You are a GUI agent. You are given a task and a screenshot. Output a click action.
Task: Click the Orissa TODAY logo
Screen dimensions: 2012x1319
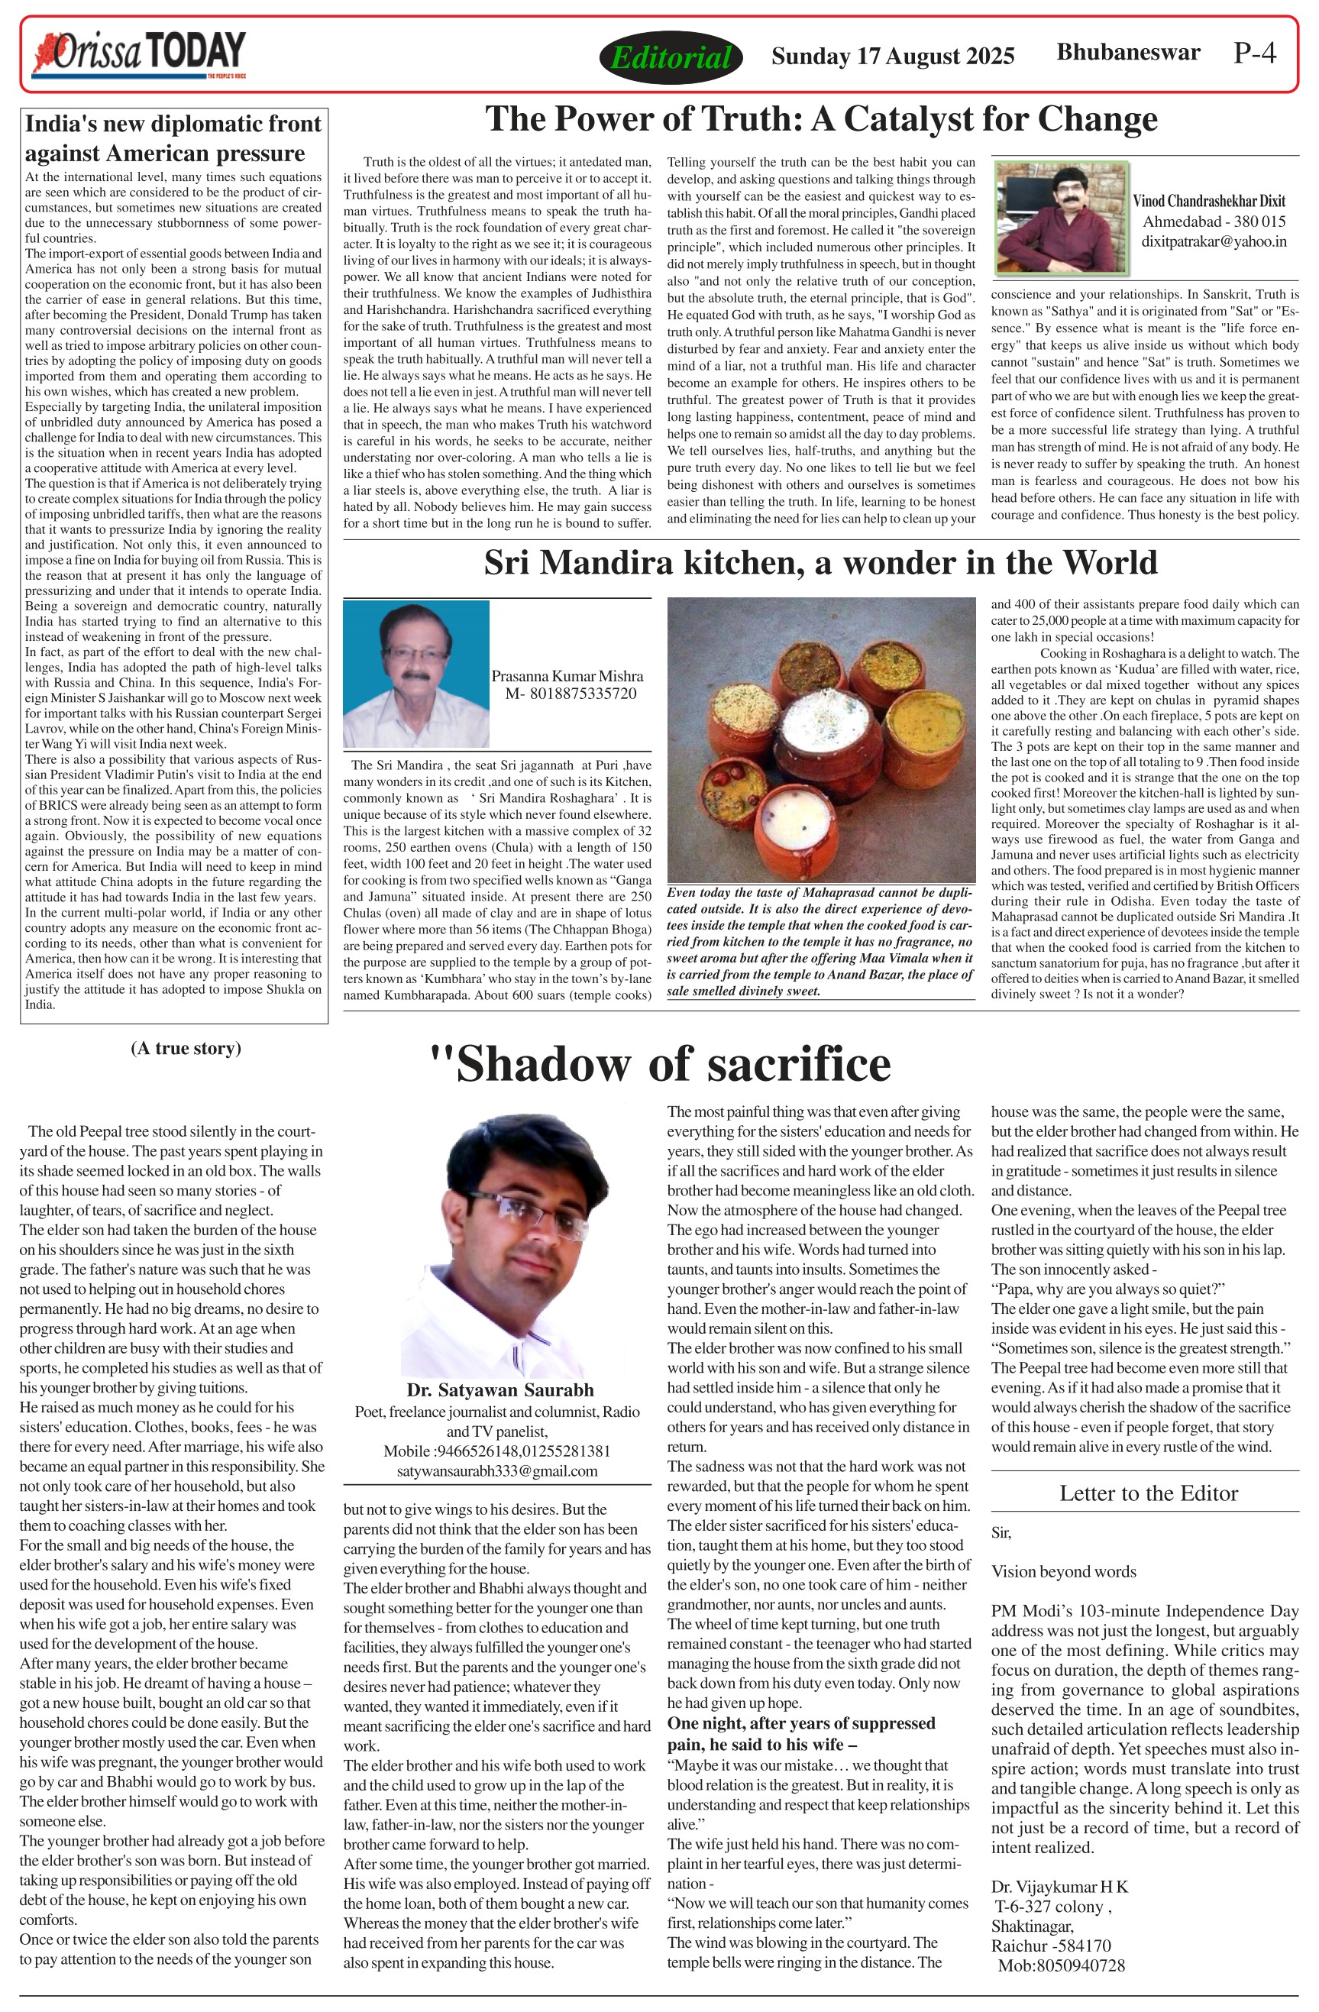pos(140,54)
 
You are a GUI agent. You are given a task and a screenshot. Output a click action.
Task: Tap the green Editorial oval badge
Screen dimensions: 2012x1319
pos(670,57)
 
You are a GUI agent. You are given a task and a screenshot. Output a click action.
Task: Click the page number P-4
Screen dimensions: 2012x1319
pos(1254,53)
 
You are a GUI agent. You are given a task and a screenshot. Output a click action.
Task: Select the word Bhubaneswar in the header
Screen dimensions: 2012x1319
pos(1128,53)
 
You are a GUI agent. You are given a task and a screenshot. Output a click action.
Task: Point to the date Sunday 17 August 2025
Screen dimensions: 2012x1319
pos(892,56)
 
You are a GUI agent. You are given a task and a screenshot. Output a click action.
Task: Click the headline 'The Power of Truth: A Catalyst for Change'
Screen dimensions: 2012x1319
pos(820,119)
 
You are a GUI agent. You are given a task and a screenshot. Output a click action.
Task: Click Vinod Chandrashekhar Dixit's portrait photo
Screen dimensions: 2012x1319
pos(1062,217)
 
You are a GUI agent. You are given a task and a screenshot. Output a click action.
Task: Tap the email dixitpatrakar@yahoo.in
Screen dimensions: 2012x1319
pos(1214,241)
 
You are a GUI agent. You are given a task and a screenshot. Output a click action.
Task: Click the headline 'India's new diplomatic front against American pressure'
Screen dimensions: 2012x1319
pos(173,137)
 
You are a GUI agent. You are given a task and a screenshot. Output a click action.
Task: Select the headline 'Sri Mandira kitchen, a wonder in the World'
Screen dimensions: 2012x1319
pos(820,562)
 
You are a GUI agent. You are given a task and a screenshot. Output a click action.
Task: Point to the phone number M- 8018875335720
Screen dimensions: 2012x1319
pos(571,694)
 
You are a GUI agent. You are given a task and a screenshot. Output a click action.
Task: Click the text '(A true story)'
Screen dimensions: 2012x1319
pos(186,1048)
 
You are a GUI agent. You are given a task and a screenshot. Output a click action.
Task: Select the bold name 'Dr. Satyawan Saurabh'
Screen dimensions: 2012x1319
pos(499,1389)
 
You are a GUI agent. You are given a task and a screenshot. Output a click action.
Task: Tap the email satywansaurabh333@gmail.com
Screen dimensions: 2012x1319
pos(497,1471)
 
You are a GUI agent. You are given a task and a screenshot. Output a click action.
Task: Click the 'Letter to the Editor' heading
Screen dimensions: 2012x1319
pos(1148,1493)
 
